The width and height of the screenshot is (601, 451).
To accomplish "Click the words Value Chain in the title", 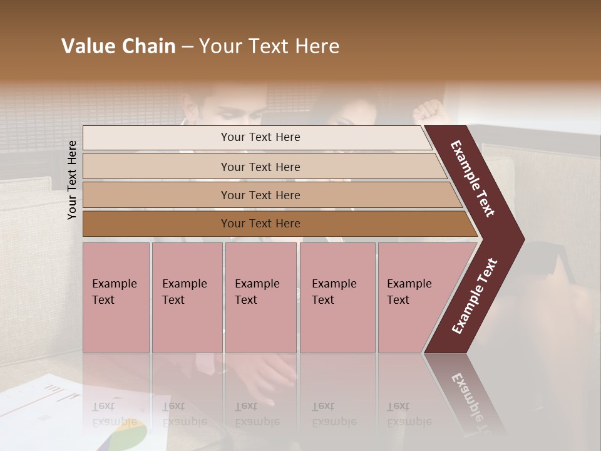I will coord(118,46).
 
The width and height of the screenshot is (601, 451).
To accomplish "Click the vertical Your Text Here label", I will coord(72,180).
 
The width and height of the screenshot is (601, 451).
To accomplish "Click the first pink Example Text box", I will coord(116,298).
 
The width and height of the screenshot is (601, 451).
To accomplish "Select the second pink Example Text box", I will coord(187,298).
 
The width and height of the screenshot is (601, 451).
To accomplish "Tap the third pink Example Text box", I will coord(260,298).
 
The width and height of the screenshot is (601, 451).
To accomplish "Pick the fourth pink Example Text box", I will coord(337,298).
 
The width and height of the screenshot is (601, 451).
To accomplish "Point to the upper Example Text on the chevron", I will coord(473,179).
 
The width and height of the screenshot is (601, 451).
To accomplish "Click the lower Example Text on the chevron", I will coord(475,296).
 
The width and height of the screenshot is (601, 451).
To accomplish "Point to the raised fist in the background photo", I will coord(428,111).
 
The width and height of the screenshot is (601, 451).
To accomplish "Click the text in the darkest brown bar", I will coord(260,224).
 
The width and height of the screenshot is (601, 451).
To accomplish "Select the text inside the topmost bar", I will coord(260,137).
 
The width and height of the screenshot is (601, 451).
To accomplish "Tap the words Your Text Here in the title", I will coord(269,46).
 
